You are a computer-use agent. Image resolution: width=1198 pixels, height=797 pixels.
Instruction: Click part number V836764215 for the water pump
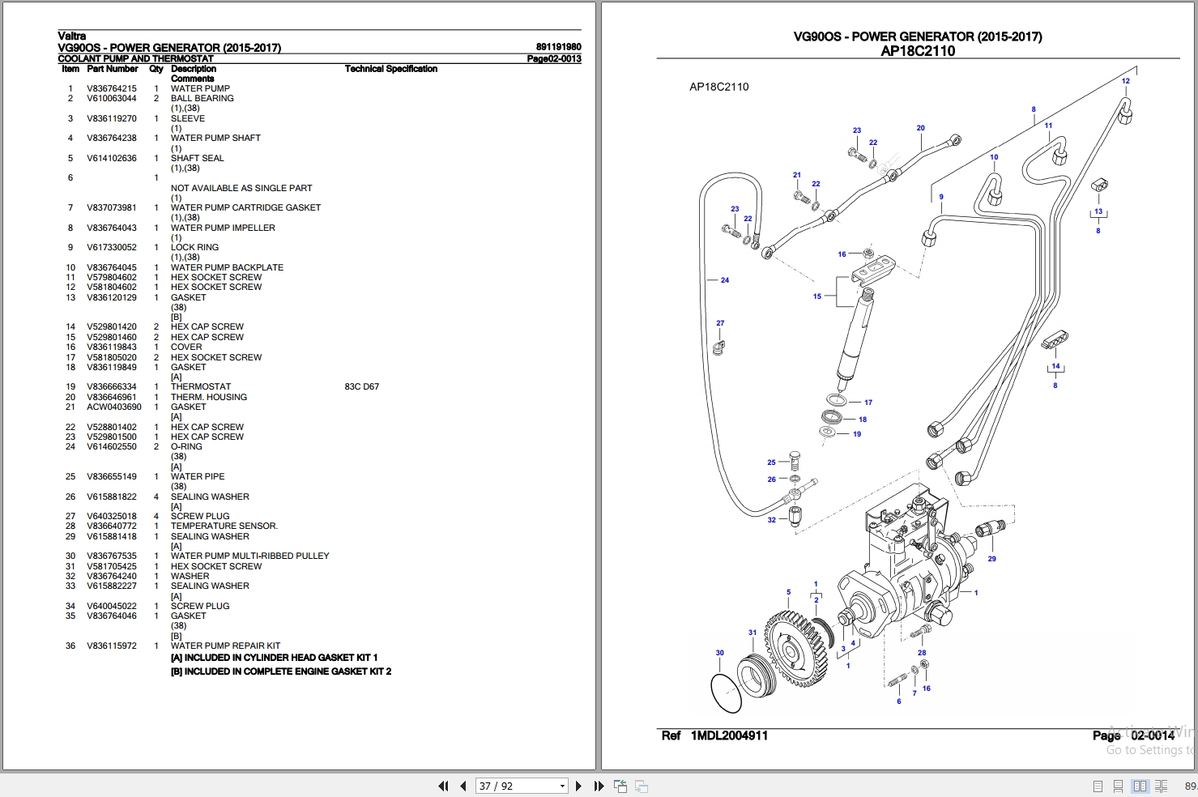click(112, 88)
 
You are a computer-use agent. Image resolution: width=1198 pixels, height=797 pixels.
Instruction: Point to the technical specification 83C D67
click(361, 386)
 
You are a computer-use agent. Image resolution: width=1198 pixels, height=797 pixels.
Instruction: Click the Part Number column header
click(113, 69)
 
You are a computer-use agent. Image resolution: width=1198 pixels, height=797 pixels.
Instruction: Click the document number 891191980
click(558, 47)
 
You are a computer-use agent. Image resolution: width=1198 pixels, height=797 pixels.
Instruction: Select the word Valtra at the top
click(71, 36)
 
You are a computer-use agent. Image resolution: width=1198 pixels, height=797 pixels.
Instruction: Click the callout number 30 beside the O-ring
click(719, 653)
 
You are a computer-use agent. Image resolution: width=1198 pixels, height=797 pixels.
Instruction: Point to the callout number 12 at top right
click(1125, 81)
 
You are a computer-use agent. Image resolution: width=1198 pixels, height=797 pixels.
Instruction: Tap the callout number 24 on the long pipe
click(724, 280)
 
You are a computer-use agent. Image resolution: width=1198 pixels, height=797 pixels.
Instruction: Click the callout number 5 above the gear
click(788, 592)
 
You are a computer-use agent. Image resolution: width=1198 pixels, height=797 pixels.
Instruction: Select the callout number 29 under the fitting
click(991, 559)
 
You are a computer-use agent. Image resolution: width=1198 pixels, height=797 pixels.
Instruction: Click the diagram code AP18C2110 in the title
click(918, 51)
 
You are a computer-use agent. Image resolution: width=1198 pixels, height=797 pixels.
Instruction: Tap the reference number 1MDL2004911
click(729, 735)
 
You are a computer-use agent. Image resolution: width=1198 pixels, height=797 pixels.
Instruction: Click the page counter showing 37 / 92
click(496, 786)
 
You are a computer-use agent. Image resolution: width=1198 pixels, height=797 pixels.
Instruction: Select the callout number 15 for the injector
click(816, 296)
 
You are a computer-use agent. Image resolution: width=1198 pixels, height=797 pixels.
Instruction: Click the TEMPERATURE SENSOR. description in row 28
click(224, 526)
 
